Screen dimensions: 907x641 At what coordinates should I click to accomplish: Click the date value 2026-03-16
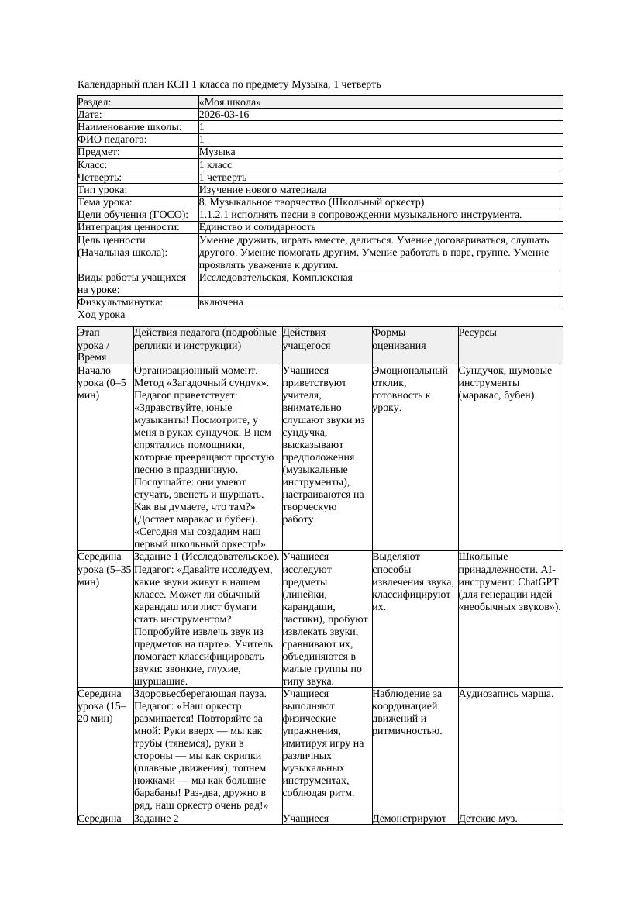224,115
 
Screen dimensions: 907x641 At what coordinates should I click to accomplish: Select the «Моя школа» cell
230,102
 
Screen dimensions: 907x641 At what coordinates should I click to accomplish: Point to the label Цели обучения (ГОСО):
133,215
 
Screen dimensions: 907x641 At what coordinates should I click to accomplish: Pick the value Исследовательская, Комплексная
276,278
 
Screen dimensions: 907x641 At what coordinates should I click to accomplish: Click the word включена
221,302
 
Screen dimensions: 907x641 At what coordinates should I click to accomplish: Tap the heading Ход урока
102,315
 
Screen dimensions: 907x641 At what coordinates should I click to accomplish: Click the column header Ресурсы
477,333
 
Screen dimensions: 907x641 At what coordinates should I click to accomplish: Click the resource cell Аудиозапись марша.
505,694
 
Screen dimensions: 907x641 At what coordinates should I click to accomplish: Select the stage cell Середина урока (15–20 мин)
101,706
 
